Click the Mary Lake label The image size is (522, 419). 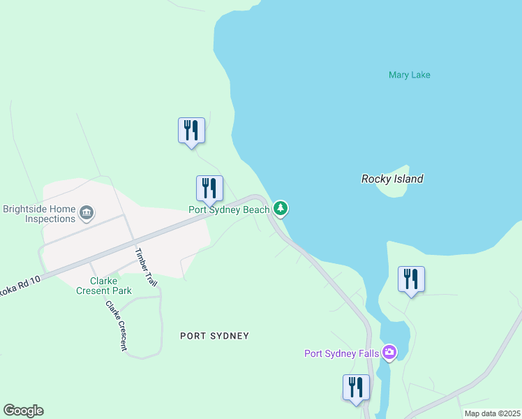[x=409, y=75]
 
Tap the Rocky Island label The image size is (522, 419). [x=391, y=179]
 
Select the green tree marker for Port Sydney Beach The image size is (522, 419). [x=281, y=208]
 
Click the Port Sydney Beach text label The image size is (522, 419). [x=229, y=209]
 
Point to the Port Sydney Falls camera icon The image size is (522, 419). [x=389, y=353]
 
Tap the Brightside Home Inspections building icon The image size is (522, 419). [x=87, y=212]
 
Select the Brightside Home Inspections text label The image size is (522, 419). [x=39, y=214]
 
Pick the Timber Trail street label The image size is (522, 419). [x=147, y=267]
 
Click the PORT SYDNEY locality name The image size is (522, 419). [x=214, y=336]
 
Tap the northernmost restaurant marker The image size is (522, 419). [x=191, y=131]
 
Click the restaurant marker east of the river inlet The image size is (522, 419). [x=411, y=279]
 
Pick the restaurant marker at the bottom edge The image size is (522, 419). [x=356, y=388]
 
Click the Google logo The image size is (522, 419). [x=23, y=411]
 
